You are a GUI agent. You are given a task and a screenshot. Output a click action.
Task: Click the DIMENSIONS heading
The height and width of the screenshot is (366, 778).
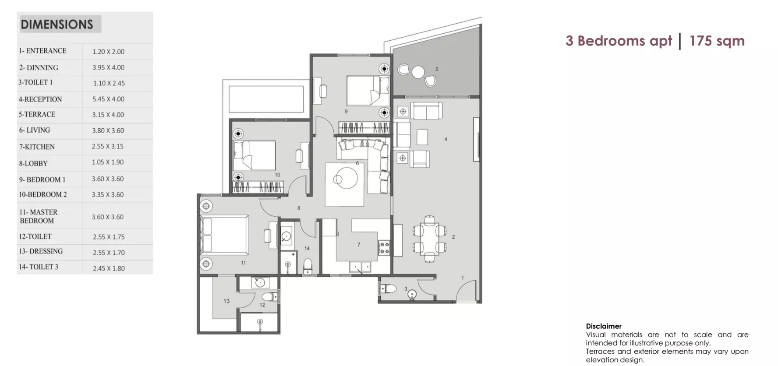click(57, 25)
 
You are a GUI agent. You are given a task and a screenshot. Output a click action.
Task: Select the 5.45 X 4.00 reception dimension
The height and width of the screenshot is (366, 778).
click(108, 99)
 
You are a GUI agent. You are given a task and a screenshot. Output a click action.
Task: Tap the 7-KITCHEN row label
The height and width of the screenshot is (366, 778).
click(37, 147)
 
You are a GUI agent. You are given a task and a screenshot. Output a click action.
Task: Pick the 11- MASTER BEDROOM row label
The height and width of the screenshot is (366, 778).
click(38, 216)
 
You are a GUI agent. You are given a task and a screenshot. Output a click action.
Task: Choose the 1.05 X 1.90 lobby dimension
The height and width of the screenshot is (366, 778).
click(108, 162)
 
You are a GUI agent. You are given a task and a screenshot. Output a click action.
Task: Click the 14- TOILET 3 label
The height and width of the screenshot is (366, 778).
click(38, 267)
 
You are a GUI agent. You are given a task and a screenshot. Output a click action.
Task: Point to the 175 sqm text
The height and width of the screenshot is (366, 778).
click(717, 41)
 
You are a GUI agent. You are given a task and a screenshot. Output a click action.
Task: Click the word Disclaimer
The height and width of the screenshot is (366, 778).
click(604, 326)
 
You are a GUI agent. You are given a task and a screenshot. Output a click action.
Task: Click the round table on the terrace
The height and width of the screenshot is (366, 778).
click(418, 72)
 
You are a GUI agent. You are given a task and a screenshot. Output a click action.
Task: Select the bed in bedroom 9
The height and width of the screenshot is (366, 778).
click(368, 91)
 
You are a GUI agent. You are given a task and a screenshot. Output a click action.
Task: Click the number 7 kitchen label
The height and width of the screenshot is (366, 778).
click(359, 245)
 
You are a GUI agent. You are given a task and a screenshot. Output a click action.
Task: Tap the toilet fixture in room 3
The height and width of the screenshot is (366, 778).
click(387, 288)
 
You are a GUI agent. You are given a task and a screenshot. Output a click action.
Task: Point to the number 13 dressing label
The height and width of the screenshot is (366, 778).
click(226, 301)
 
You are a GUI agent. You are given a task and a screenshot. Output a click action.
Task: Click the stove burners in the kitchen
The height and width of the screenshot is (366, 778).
click(384, 247)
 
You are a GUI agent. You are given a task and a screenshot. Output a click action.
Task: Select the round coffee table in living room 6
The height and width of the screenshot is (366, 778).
click(345, 177)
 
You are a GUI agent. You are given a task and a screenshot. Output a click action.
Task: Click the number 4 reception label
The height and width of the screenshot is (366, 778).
click(446, 139)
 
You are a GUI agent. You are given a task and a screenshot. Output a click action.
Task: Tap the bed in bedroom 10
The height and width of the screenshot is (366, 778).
click(254, 155)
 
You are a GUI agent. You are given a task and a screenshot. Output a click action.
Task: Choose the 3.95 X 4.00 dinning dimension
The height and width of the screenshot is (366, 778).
click(108, 67)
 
